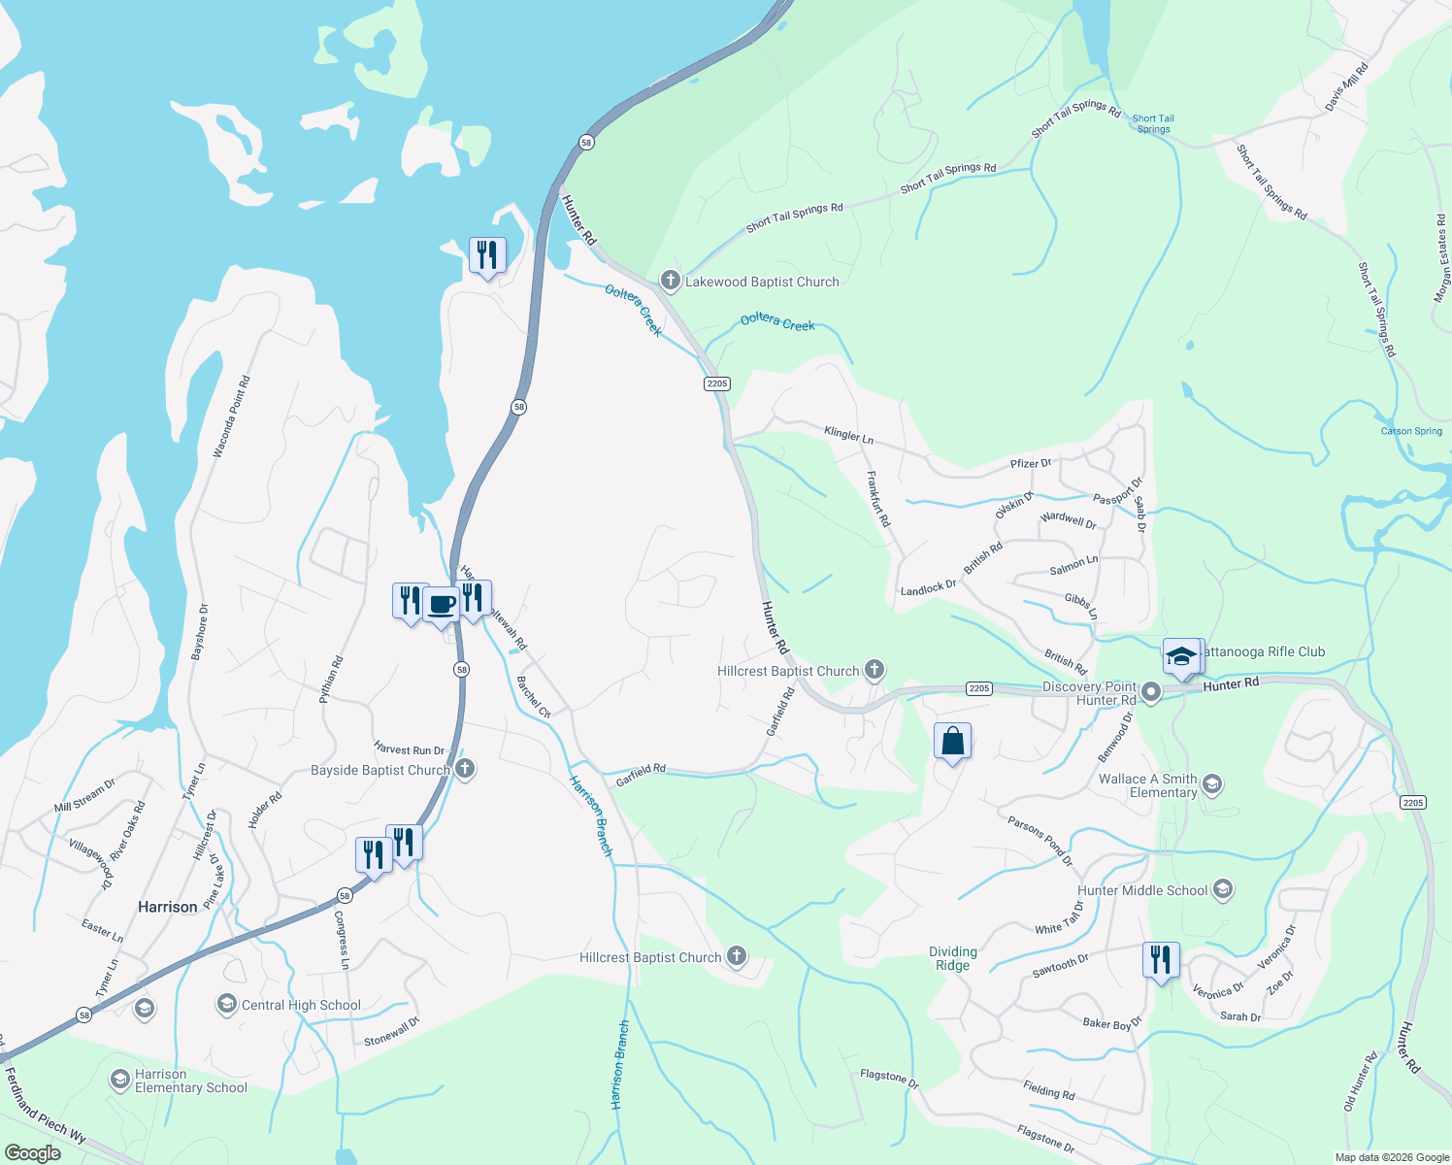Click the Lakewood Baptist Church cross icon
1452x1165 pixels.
tap(670, 282)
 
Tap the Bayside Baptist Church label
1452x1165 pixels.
tap(379, 771)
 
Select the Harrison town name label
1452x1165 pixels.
tap(168, 907)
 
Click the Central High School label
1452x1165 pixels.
tap(301, 1006)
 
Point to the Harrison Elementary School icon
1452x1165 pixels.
tap(119, 1080)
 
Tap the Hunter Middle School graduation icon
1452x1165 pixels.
tap(1223, 889)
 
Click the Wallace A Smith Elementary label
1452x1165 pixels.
tap(1148, 785)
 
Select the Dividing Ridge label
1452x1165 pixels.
tap(953, 958)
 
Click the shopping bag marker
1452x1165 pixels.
tap(953, 742)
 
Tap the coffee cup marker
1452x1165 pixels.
tap(442, 605)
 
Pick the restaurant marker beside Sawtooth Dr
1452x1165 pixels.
tap(1161, 960)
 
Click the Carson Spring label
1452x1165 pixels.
tap(1411, 431)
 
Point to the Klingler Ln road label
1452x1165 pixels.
tap(848, 434)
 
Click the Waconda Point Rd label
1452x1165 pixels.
tap(231, 416)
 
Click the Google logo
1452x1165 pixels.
tap(32, 1153)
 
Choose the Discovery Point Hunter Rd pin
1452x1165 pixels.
tap(1151, 692)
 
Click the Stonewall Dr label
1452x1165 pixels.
tap(391, 1032)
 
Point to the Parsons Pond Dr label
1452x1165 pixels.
tap(1039, 841)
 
